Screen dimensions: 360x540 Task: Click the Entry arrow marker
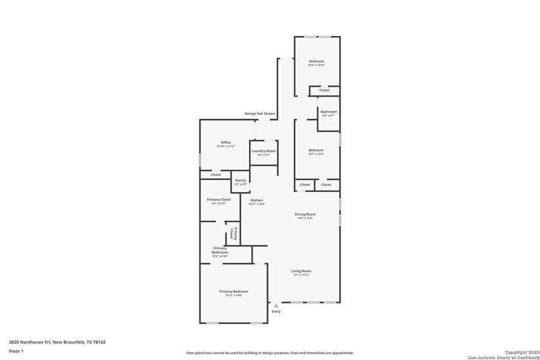pos(276,305)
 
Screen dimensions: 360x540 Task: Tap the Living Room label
pos(301,271)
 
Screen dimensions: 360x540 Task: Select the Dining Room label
pos(305,214)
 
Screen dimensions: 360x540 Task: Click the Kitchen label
pos(257,200)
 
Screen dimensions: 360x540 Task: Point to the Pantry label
pos(241,180)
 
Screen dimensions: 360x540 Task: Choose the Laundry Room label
pos(263,151)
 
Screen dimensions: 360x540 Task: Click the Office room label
pos(226,142)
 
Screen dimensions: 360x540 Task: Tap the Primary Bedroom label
pos(233,291)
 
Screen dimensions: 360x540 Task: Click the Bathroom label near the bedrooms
pos(328,112)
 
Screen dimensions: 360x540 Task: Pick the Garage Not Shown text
pos(260,113)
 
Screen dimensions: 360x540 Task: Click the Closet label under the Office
pos(215,175)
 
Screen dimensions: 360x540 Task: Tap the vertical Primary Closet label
pos(233,233)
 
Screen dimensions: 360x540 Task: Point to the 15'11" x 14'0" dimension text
pos(233,295)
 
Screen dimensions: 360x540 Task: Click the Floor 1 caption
pos(16,352)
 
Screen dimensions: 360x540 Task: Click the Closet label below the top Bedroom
pos(324,90)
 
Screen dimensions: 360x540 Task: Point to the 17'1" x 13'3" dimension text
pos(301,275)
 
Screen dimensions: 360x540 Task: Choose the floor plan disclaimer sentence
pos(270,353)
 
